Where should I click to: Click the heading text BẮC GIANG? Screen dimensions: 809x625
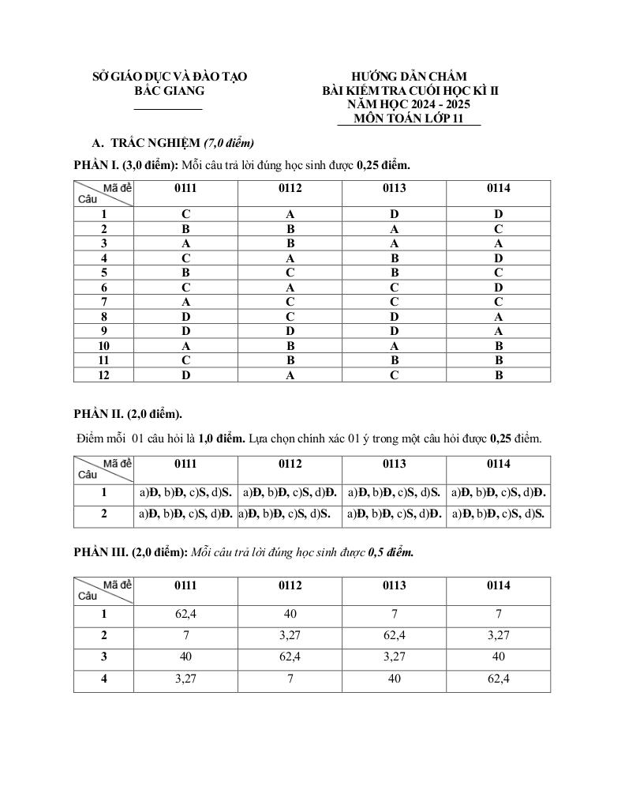click(x=169, y=91)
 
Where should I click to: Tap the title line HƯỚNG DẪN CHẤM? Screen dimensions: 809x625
click(x=410, y=77)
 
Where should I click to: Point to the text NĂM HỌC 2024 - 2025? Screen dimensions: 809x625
click(x=410, y=104)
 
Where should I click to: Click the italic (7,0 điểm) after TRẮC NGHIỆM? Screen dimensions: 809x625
click(x=229, y=143)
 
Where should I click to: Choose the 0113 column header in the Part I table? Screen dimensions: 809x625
click(x=394, y=189)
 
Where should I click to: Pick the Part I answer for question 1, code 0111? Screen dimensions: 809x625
click(x=185, y=214)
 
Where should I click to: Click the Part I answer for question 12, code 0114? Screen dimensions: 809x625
click(x=498, y=375)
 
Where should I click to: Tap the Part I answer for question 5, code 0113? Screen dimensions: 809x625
click(x=394, y=273)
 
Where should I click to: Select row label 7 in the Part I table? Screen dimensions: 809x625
click(x=103, y=302)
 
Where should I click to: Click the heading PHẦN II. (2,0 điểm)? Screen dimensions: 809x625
click(x=128, y=413)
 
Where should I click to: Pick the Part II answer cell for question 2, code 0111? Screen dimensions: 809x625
click(x=185, y=514)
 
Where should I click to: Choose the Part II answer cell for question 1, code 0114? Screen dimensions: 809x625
click(x=498, y=493)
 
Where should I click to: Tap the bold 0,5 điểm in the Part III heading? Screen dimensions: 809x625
click(x=391, y=552)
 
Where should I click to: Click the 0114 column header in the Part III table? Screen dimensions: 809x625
click(x=498, y=585)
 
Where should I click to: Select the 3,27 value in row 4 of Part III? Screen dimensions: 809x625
click(x=185, y=679)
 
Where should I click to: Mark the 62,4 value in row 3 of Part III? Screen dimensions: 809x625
click(x=290, y=657)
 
